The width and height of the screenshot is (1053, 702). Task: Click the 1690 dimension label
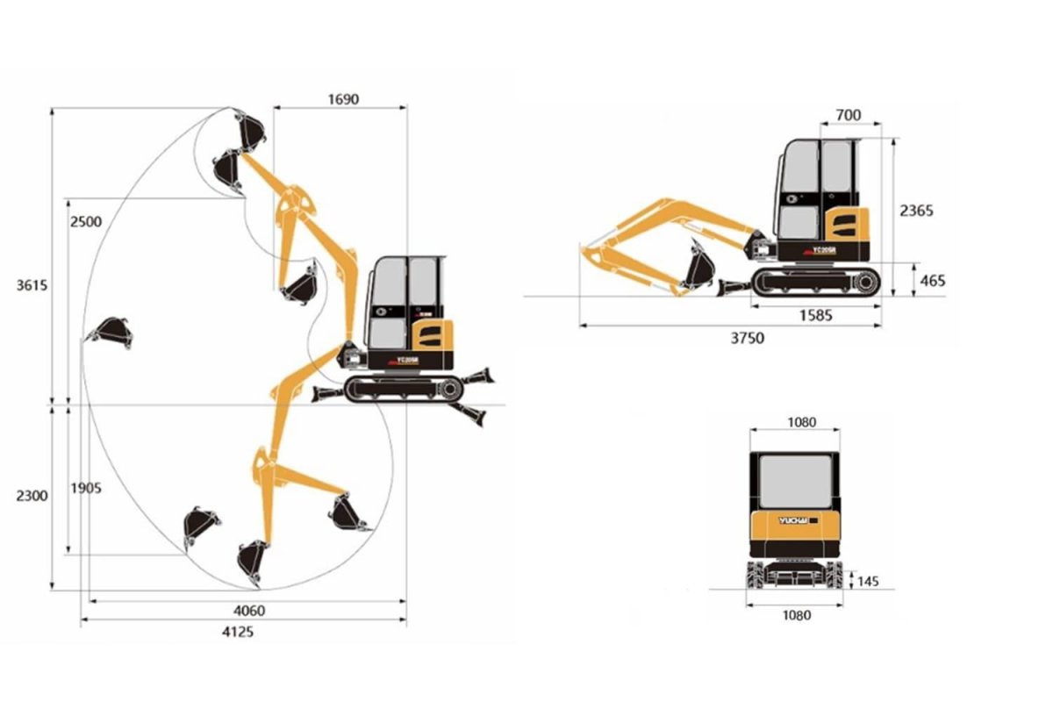point(343,99)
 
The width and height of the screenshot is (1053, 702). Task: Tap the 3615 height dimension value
point(32,285)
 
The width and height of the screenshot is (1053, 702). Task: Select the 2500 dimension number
point(86,221)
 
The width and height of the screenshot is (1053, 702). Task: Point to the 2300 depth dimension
point(32,496)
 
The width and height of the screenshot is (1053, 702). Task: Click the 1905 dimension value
point(86,489)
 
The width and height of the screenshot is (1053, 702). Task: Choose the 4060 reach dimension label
point(249,611)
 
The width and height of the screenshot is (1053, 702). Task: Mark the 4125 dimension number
point(238,632)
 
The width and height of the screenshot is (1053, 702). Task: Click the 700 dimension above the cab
point(849,115)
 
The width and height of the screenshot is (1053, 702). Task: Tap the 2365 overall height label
point(916,211)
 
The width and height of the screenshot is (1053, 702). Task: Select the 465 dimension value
point(932,281)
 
